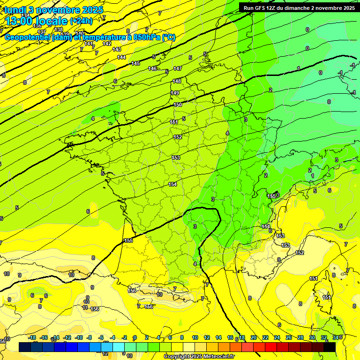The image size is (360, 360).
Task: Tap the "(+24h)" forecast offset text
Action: (x=81, y=21)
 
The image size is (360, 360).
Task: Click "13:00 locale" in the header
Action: (x=36, y=21)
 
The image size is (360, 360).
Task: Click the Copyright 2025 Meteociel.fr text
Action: (x=199, y=357)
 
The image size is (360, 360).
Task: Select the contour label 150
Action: (x=178, y=105)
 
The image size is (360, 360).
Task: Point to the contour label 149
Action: (x=175, y=93)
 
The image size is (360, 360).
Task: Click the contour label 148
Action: (x=176, y=81)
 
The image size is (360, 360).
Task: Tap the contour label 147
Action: (x=177, y=68)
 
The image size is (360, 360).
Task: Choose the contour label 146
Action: (x=152, y=68)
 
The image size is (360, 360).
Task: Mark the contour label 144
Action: (x=121, y=57)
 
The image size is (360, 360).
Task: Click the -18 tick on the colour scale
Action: (x=32, y=337)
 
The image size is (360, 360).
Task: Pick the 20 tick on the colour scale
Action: (x=254, y=337)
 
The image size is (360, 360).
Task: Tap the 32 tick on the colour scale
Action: (x=323, y=337)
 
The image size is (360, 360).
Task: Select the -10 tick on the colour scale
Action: (x=79, y=337)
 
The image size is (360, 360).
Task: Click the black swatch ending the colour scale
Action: (x=329, y=347)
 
